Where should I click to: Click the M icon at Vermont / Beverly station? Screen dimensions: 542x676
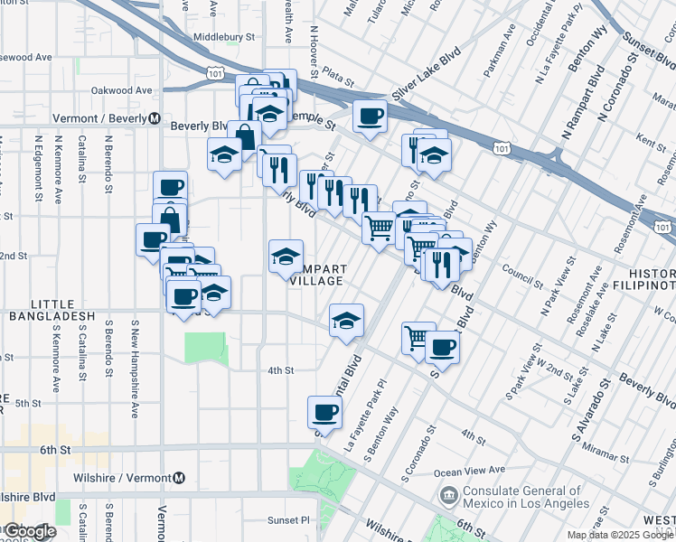155,118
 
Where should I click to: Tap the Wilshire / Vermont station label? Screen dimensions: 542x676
124,477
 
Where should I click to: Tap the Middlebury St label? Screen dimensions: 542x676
224,38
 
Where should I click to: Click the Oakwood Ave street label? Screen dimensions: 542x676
121,90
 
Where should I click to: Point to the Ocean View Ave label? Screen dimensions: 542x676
469,470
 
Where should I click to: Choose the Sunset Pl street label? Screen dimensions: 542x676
287,520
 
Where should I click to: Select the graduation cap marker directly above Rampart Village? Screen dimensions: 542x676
286,257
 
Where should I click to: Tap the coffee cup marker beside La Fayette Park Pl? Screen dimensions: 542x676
324,413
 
